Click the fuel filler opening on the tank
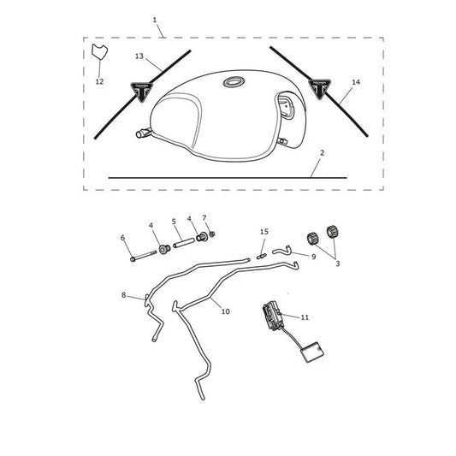click(234, 82)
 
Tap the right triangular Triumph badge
click(320, 88)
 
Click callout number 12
click(99, 82)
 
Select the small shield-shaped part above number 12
click(99, 52)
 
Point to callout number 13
click(139, 56)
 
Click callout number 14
click(356, 82)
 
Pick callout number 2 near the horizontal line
click(322, 152)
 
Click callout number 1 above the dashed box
click(155, 20)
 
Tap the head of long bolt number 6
click(133, 258)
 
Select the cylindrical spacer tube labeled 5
click(184, 243)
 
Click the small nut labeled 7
click(212, 234)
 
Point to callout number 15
click(264, 232)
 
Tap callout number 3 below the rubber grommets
click(338, 264)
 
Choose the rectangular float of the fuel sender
click(311, 352)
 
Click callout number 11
click(305, 317)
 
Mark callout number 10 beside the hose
click(226, 311)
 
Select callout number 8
click(123, 295)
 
